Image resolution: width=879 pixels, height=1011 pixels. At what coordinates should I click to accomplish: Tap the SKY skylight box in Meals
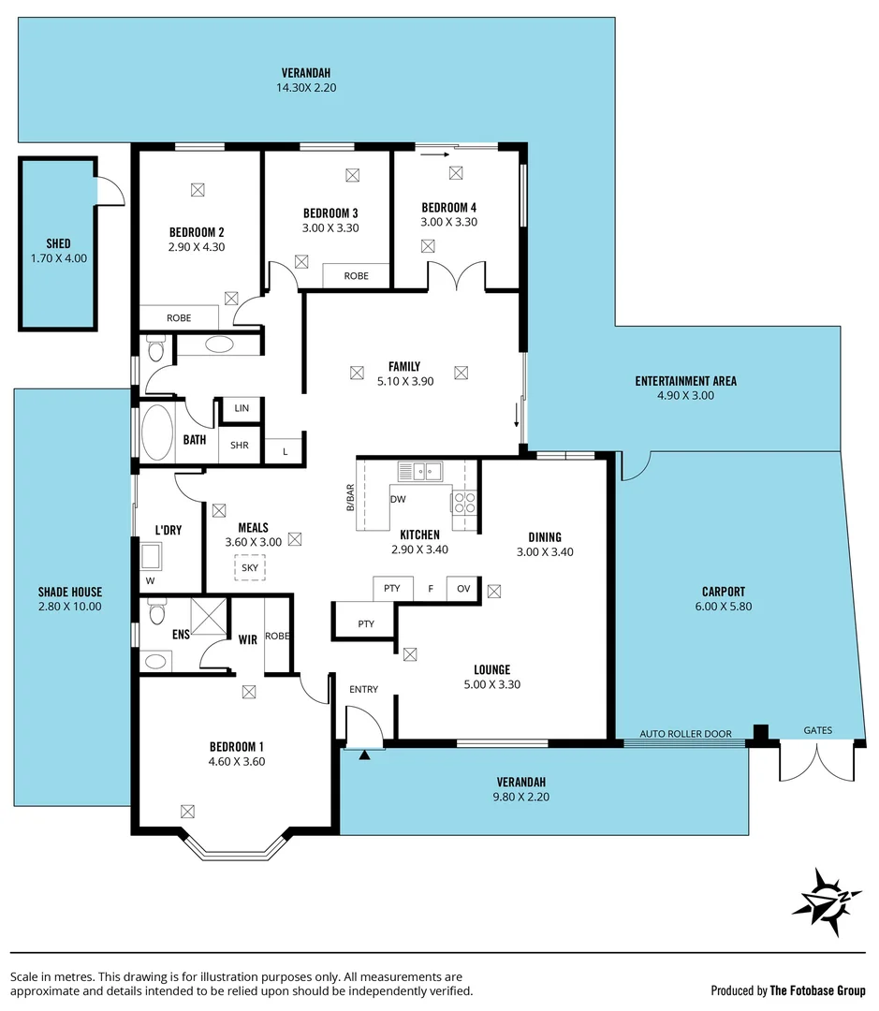pos(249,567)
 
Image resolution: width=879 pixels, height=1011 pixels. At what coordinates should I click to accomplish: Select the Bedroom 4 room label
pos(449,207)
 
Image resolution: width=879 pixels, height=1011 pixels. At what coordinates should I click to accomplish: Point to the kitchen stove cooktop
pos(464,503)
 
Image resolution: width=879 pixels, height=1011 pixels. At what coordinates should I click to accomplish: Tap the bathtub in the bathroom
pos(156,432)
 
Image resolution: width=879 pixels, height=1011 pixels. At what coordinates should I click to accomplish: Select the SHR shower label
pos(240,446)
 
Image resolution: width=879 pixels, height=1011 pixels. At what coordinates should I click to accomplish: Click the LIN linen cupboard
pos(242,409)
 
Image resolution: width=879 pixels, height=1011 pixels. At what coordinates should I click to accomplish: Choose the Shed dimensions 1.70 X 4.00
pos(58,258)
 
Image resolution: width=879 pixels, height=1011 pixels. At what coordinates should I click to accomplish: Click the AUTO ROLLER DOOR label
pos(685,733)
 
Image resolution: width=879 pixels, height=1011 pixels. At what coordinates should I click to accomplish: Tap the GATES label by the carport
pos(817,730)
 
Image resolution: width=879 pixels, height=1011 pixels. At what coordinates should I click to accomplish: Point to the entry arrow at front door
pos(364,753)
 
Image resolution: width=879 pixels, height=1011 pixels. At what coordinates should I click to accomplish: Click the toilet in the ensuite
pos(156,613)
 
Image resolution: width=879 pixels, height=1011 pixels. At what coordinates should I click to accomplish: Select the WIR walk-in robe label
pos(247,640)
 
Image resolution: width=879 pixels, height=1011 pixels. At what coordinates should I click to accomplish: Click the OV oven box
pos(462,589)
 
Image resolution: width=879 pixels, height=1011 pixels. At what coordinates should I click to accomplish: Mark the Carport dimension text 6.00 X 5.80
pos(723,606)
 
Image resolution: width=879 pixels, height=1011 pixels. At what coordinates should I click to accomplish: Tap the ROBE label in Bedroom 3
pos(356,276)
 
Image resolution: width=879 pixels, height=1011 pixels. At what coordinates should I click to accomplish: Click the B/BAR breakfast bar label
pos(351,498)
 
